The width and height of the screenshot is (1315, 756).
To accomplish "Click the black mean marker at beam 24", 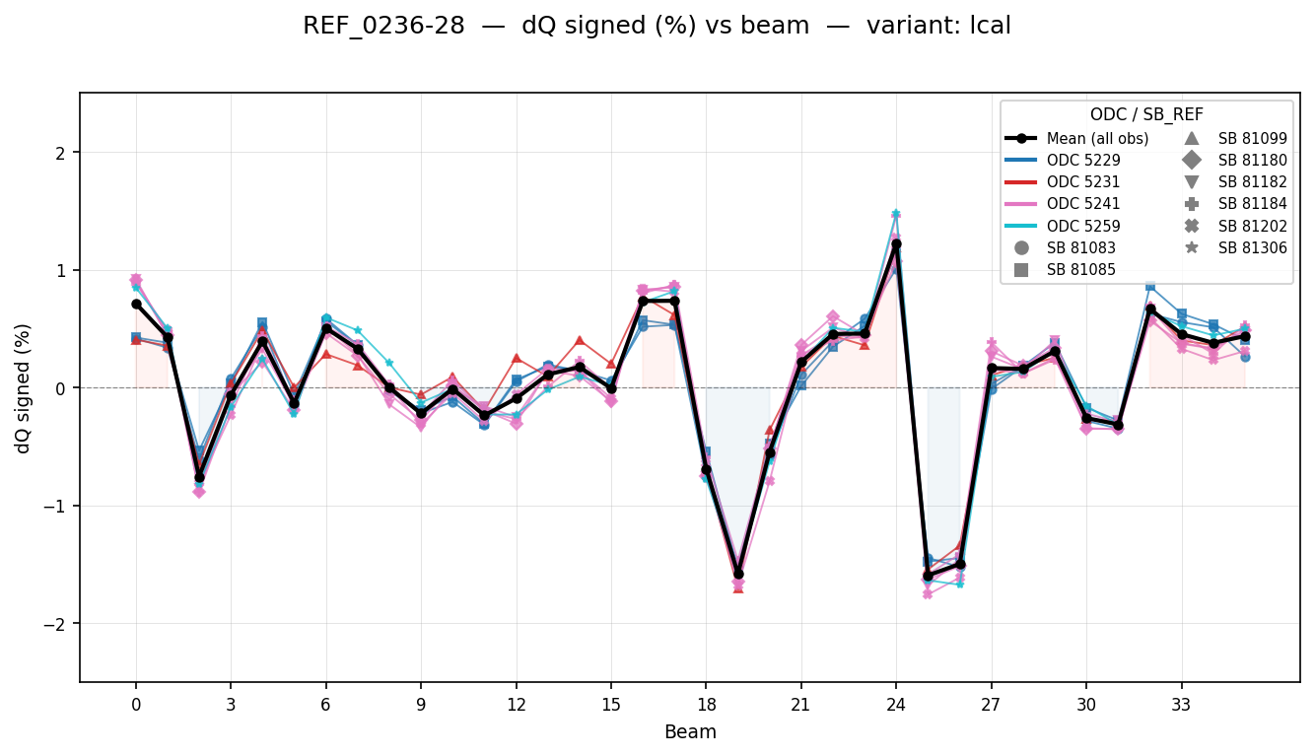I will click(x=896, y=243).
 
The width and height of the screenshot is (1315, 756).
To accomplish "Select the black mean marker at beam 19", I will click(x=738, y=574).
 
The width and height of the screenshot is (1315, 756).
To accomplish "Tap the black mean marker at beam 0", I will click(x=136, y=304).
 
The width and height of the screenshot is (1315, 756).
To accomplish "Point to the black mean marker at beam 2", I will click(x=199, y=477).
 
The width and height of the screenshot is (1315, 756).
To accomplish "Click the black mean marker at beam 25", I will click(x=928, y=576).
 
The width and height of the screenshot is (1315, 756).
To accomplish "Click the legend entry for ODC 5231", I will click(x=1083, y=182).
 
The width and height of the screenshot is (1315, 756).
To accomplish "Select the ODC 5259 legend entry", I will click(x=1083, y=226).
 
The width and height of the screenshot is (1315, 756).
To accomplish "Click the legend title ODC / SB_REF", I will click(x=1146, y=114).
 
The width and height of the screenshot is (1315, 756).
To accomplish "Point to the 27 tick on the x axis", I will click(x=991, y=705).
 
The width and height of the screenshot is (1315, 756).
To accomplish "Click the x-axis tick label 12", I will click(x=516, y=705).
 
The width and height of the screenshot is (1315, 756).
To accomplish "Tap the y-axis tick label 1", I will click(x=61, y=270).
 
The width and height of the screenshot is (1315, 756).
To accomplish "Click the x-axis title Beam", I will click(x=690, y=732).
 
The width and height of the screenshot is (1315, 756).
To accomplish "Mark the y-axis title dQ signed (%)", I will click(x=23, y=387).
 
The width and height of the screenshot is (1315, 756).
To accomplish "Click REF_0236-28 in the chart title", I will click(x=383, y=27).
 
